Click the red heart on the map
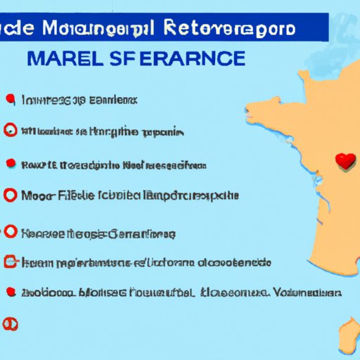[344, 161]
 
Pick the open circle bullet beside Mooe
[10, 195]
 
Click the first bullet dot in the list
[9, 98]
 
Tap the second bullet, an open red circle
[10, 130]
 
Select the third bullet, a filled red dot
[10, 164]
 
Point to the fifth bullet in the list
[10, 231]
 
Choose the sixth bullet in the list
[10, 262]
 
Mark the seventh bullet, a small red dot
[10, 291]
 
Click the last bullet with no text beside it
[10, 323]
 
